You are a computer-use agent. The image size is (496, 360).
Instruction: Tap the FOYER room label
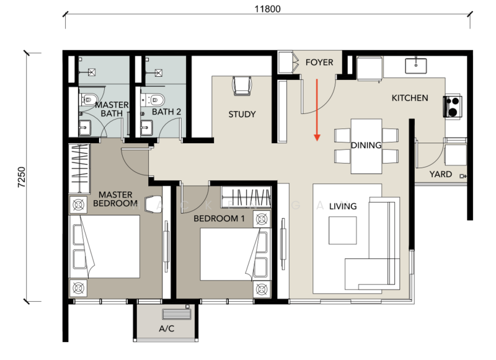pyautogui.click(x=319, y=63)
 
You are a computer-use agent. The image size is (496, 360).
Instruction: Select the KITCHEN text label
pyautogui.click(x=410, y=98)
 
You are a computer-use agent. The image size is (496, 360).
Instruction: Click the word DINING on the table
pyautogui.click(x=366, y=145)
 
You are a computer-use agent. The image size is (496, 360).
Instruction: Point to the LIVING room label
pyautogui.click(x=343, y=206)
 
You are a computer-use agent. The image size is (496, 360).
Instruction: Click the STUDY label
pyautogui.click(x=242, y=115)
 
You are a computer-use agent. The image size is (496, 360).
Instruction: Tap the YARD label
pyautogui.click(x=441, y=174)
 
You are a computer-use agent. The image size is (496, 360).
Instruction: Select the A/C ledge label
pyautogui.click(x=166, y=329)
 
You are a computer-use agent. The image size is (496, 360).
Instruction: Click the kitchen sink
pyautogui.click(x=414, y=64)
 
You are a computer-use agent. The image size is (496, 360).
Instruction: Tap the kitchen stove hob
pyautogui.click(x=452, y=107)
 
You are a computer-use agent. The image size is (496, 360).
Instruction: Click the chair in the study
pyautogui.click(x=241, y=86)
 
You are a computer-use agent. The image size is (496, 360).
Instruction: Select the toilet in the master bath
pyautogui.click(x=87, y=99)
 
